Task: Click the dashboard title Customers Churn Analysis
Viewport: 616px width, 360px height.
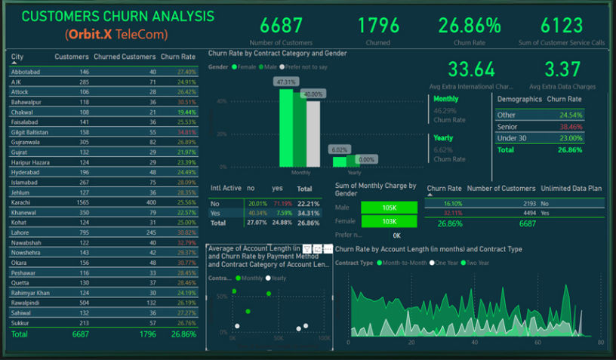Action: [x=117, y=17]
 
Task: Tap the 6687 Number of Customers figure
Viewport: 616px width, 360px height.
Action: [x=281, y=26]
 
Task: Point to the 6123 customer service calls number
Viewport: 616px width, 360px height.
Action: [x=562, y=26]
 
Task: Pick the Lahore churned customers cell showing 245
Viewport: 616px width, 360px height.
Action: [x=149, y=233]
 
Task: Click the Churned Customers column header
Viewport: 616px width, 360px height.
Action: [x=125, y=57]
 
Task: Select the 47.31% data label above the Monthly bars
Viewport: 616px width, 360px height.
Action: [x=287, y=82]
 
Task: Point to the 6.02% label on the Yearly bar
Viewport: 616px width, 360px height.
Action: [x=339, y=150]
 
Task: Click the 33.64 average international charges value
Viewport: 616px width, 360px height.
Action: [x=471, y=70]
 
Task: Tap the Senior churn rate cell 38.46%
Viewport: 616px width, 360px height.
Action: [x=571, y=127]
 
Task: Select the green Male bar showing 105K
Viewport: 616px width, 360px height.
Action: [x=389, y=207]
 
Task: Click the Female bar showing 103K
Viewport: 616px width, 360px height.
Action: [x=389, y=222]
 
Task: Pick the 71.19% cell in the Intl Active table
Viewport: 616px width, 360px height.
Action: [x=283, y=204]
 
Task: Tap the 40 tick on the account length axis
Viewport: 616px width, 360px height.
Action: [x=473, y=342]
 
